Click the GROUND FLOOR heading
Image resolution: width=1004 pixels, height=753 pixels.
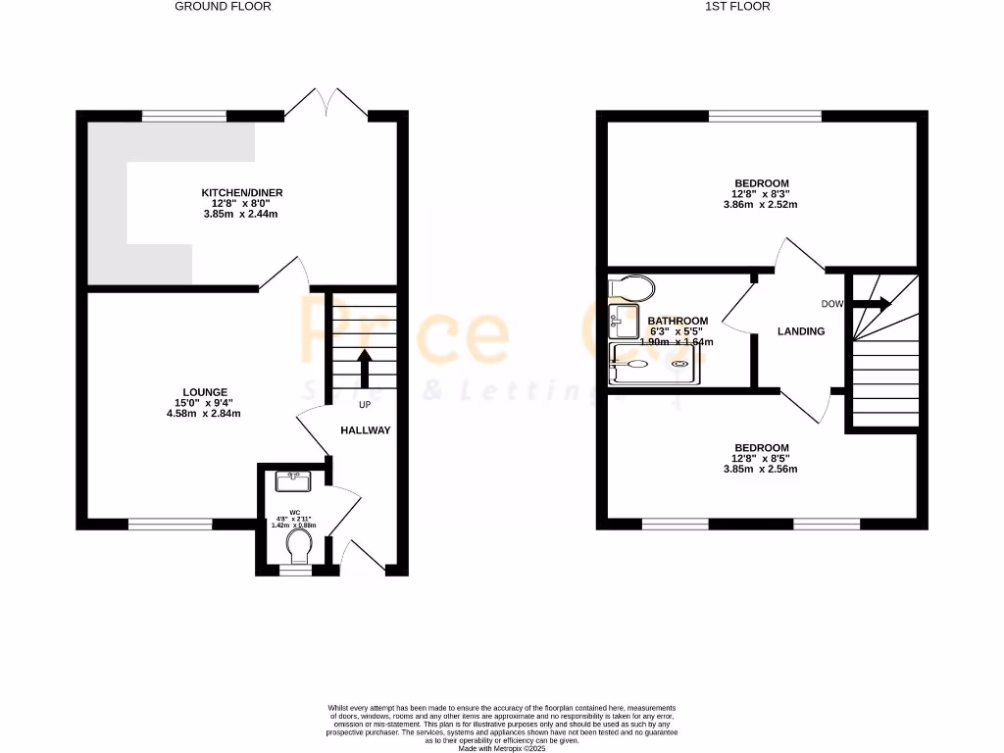(x=223, y=6)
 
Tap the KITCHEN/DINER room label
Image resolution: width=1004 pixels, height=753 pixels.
(x=241, y=192)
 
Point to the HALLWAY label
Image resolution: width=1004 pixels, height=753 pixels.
(x=366, y=430)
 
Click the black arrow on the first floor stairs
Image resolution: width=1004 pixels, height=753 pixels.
(x=871, y=305)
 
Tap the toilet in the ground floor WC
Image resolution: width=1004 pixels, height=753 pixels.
(x=294, y=554)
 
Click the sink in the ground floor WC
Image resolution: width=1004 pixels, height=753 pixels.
(x=293, y=480)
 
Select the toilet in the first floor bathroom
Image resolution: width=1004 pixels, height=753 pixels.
(x=632, y=286)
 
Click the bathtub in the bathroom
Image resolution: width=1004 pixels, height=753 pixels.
(x=654, y=364)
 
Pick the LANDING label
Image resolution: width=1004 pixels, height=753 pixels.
(x=801, y=331)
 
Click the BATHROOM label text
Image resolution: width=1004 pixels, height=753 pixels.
(x=678, y=321)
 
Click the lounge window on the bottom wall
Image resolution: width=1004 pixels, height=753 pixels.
(x=170, y=524)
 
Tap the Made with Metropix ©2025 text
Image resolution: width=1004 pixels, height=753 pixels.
(x=502, y=748)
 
